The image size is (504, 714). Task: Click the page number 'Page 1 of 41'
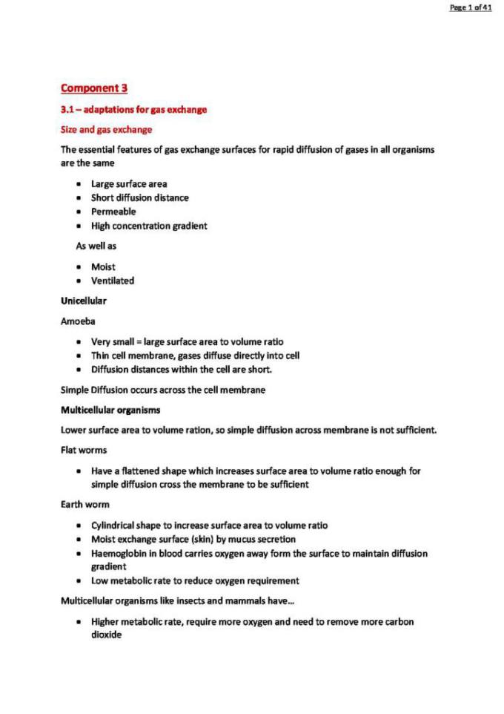click(471, 7)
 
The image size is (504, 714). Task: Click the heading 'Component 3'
click(94, 88)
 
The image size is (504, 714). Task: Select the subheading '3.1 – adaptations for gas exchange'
click(133, 110)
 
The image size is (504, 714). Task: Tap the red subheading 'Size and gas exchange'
click(106, 130)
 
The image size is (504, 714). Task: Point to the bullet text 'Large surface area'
click(129, 184)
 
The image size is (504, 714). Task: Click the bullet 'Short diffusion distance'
click(139, 198)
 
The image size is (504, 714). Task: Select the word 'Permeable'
click(113, 212)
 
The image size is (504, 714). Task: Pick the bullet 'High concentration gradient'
click(149, 226)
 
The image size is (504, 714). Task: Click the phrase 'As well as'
click(96, 246)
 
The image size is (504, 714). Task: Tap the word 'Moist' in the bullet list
click(103, 266)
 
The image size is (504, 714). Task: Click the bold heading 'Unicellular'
click(83, 301)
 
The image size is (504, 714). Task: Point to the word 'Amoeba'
click(78, 321)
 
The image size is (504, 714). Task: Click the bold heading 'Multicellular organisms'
click(110, 410)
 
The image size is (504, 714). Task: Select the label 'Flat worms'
click(82, 450)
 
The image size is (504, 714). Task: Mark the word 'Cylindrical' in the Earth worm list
click(114, 525)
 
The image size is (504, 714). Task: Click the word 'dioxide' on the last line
click(106, 635)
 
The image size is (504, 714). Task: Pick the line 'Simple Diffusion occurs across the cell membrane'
click(162, 390)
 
